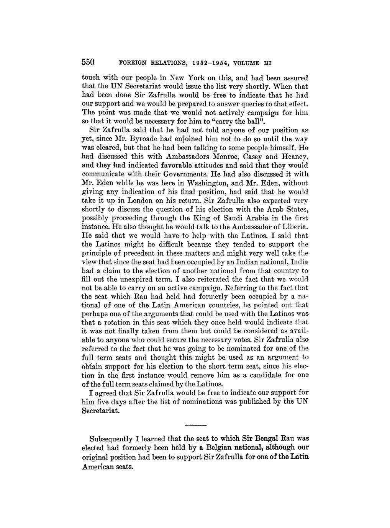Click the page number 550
click(x=89, y=62)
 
